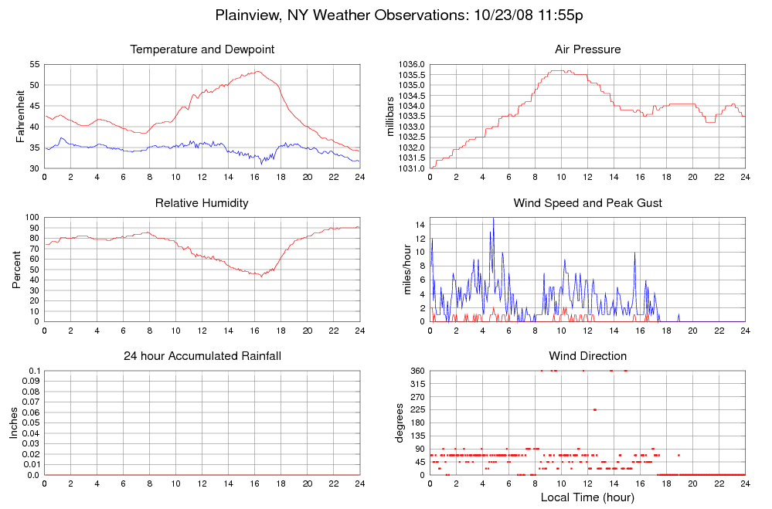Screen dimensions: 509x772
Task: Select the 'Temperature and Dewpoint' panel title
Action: tap(202, 49)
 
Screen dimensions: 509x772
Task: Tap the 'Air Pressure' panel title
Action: tap(587, 49)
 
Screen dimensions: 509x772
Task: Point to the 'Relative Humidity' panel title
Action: tap(202, 203)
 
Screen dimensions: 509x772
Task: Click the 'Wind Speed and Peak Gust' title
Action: tap(587, 203)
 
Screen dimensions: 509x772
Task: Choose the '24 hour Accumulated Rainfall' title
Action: tap(202, 356)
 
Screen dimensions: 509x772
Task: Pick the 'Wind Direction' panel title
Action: tap(587, 356)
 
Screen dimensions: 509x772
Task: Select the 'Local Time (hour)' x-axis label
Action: tap(587, 497)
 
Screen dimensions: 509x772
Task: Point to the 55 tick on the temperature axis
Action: tap(35, 64)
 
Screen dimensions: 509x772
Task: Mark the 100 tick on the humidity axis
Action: tap(32, 217)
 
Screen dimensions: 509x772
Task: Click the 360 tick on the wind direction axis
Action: tap(417, 371)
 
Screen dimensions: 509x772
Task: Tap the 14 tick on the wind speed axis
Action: tap(420, 224)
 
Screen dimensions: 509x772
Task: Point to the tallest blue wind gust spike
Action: tap(493, 219)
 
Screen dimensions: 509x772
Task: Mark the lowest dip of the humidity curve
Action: tap(261, 276)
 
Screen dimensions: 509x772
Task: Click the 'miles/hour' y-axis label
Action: tap(399, 270)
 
